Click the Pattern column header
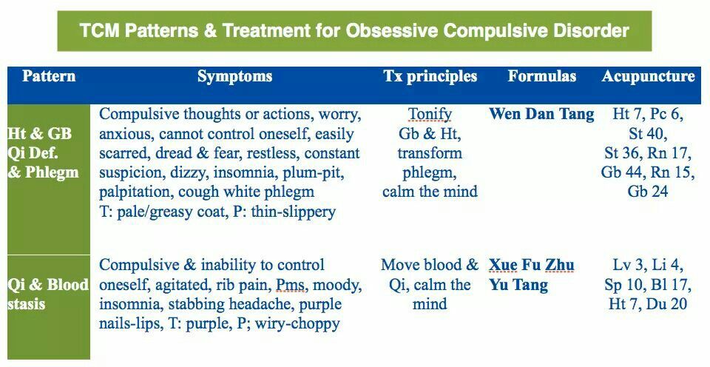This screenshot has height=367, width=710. click(49, 75)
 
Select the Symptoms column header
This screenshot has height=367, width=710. click(234, 76)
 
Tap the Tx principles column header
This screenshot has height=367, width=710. click(430, 76)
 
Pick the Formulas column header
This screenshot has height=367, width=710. click(541, 75)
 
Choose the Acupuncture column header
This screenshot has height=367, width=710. click(648, 76)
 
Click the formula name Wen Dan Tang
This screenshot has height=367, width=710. click(541, 114)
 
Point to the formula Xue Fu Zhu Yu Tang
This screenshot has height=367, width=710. click(532, 275)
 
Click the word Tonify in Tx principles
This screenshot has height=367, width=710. click(430, 115)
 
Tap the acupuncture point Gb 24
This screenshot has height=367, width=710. click(648, 191)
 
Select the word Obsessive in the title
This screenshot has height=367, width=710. click(392, 31)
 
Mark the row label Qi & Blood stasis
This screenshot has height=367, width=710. click(48, 294)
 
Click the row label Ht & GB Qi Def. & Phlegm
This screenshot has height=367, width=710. click(43, 152)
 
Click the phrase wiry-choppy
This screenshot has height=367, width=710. click(297, 323)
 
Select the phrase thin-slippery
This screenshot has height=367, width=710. click(294, 212)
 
